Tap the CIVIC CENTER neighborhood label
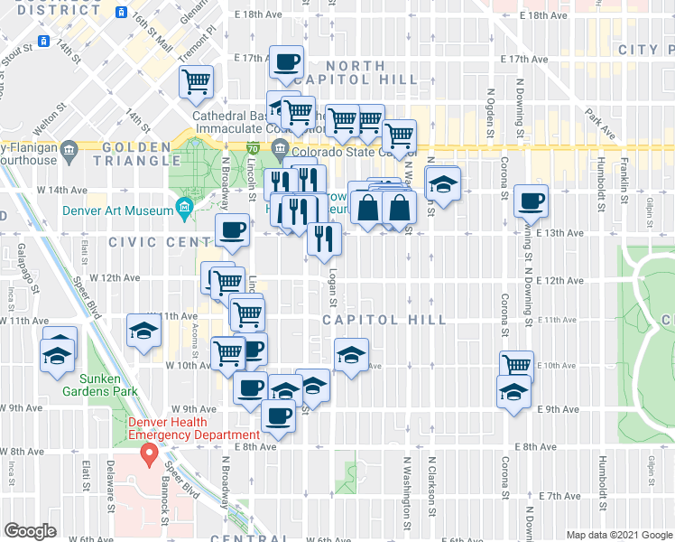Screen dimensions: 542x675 pos(161,242)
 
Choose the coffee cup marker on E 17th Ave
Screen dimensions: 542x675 pos(287,62)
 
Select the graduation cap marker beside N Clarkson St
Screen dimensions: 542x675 pos(442,183)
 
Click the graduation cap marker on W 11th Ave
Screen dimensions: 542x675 pos(143,332)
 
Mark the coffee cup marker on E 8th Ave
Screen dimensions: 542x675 pos(278,416)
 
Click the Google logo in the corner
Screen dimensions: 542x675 pos(30,530)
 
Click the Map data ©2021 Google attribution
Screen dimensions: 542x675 pos(619,535)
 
